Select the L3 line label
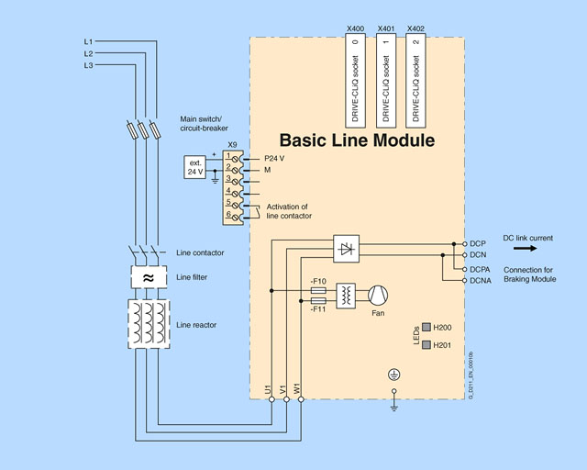click(88, 65)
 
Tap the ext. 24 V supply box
click(197, 167)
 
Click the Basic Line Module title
click(357, 140)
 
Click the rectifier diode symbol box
click(346, 247)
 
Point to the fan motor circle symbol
click(378, 295)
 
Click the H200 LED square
click(426, 328)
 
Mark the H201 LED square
click(426, 346)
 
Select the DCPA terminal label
click(480, 270)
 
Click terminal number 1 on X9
click(228, 156)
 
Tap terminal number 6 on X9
click(228, 214)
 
